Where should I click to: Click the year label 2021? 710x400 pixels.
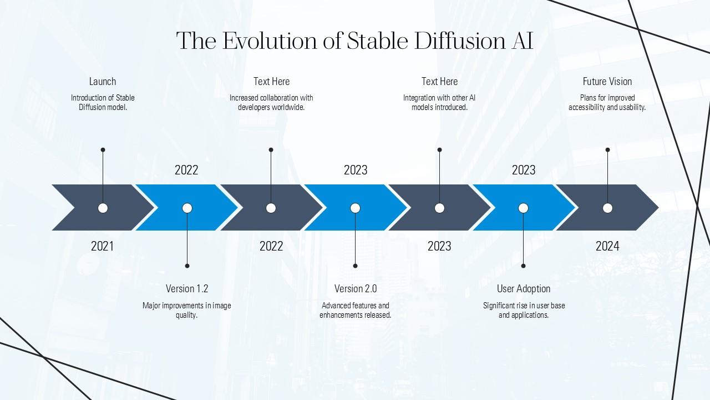click(x=102, y=246)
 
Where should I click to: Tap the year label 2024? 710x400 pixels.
click(x=607, y=246)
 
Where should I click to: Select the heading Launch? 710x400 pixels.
click(x=103, y=82)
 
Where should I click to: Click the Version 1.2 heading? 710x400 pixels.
click(x=187, y=288)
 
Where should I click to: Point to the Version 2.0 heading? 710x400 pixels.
click(x=356, y=288)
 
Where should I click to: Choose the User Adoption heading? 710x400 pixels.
click(x=523, y=288)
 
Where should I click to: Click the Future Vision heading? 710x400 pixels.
click(x=607, y=82)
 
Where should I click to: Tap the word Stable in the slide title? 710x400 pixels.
click(x=377, y=41)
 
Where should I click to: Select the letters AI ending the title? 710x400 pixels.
click(x=522, y=41)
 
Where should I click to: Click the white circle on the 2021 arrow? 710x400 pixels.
click(x=103, y=208)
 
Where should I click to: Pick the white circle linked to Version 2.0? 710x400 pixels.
click(x=356, y=208)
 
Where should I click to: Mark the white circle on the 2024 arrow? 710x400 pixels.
click(x=607, y=208)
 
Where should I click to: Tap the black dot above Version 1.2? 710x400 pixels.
click(x=187, y=266)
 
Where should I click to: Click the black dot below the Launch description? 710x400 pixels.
click(x=103, y=150)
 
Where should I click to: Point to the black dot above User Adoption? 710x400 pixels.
click(x=523, y=266)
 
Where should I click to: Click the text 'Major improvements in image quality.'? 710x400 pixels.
click(x=187, y=310)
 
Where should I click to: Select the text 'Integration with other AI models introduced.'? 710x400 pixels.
click(x=439, y=103)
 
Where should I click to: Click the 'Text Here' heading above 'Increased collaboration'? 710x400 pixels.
click(x=271, y=82)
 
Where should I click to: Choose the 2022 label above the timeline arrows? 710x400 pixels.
click(x=186, y=170)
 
